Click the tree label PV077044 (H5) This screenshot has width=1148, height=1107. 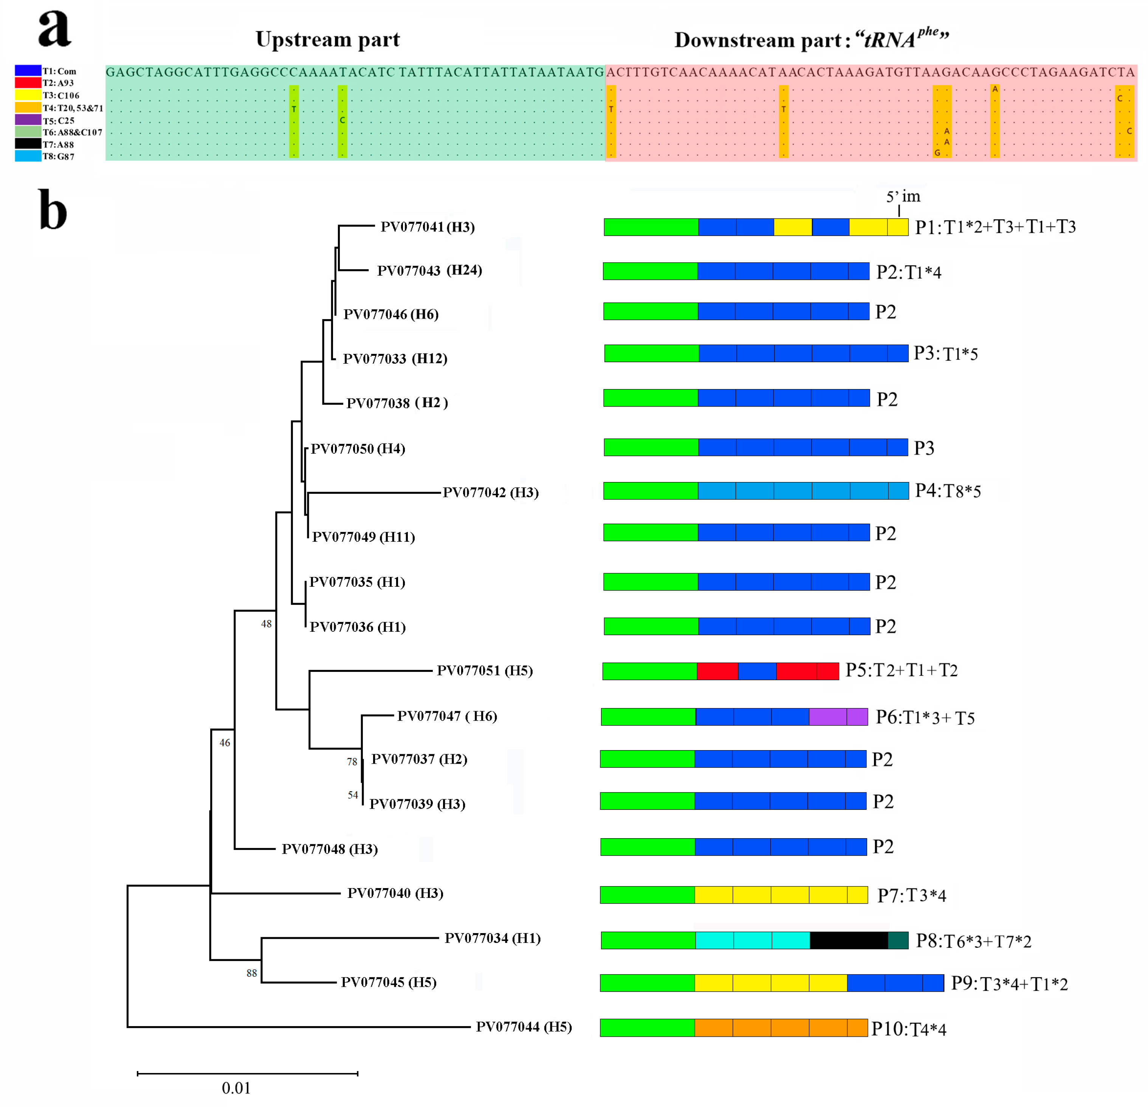click(x=523, y=1027)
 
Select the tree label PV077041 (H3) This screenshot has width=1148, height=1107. click(x=427, y=227)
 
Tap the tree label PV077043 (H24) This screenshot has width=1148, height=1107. click(x=429, y=271)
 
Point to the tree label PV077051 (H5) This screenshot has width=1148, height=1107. click(x=484, y=671)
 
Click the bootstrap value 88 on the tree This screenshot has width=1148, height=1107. click(x=251, y=974)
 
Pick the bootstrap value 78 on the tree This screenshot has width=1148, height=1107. click(x=352, y=762)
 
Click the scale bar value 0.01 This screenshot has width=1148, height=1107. click(x=236, y=1088)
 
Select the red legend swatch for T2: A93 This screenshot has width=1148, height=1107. click(x=28, y=82)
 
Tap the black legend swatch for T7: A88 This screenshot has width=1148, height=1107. click(x=28, y=144)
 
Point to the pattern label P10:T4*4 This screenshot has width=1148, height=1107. click(x=908, y=1029)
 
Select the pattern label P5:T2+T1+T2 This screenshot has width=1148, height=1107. click(x=901, y=670)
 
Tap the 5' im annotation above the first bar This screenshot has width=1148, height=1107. click(x=903, y=197)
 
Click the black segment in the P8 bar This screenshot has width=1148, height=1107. click(x=848, y=941)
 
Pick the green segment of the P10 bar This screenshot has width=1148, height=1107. click(x=647, y=1028)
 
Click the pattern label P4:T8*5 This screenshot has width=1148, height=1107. click(x=947, y=491)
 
